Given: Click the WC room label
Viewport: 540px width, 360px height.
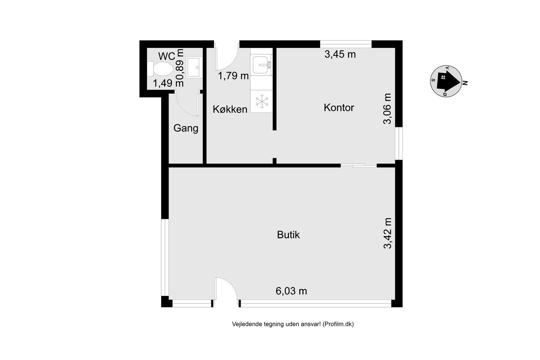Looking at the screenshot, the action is tap(167, 56).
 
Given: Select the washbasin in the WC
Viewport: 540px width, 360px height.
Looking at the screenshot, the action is tap(194, 68).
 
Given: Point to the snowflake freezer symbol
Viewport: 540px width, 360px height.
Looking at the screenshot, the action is tap(262, 101).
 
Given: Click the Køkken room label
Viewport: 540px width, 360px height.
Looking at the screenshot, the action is tap(230, 110).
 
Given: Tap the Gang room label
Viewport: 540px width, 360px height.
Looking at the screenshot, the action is tap(186, 128).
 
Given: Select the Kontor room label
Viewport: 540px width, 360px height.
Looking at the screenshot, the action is tap(339, 108).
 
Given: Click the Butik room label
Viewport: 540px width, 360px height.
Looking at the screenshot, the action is tap(289, 235).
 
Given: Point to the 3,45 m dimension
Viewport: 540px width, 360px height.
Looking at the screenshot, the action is tap(340, 54).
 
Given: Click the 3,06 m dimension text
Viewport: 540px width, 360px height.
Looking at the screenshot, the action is tap(388, 109).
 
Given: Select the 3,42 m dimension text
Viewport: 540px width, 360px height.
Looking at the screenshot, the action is tap(388, 233).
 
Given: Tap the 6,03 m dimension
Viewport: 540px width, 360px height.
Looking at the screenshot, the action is tap(291, 291).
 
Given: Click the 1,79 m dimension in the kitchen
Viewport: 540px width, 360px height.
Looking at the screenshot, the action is tap(233, 76).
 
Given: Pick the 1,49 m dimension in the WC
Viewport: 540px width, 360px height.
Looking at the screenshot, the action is tap(168, 83).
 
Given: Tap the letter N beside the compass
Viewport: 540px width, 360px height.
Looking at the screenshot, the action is tap(465, 83).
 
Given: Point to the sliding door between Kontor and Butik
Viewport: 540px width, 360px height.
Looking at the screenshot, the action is tap(359, 165).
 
